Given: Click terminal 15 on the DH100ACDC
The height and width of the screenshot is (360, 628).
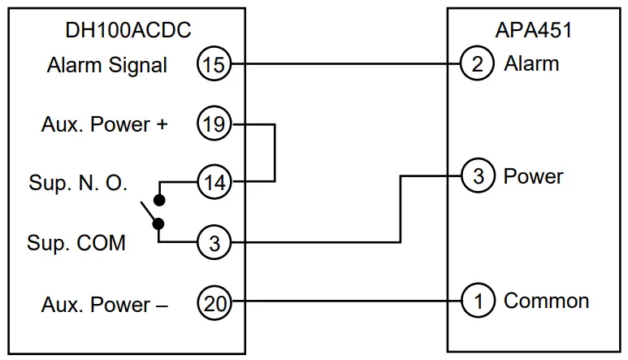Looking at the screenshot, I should coord(214,64).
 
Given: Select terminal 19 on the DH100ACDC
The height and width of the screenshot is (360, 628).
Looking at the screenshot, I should coord(214,124).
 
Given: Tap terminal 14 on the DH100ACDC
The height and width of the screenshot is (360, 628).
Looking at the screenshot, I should coord(214,181).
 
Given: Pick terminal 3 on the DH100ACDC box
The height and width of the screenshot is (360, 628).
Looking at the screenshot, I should coord(214,241).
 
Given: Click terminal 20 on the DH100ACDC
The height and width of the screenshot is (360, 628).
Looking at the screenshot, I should coord(214,305).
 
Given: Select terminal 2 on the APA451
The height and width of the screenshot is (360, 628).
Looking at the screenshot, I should coord(478,63).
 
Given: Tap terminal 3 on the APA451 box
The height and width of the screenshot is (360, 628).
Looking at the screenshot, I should coord(478,176).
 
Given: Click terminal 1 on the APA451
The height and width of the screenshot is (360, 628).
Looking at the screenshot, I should coord(478,301).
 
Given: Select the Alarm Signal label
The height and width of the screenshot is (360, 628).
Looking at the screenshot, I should coord(106,65).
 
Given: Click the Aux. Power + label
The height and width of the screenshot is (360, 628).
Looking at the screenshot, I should coord(106,125).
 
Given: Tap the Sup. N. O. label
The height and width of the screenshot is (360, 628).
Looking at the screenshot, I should coord(77,183).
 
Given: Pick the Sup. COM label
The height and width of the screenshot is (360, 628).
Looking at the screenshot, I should coord(76,242).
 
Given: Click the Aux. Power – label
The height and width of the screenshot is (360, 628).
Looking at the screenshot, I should coord(105,306).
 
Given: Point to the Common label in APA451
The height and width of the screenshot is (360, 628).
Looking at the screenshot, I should coord(546,301).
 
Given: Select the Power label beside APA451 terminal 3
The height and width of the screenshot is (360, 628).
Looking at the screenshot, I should coord(533,176).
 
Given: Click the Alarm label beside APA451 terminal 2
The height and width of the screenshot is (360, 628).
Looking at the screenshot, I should coord(531,63).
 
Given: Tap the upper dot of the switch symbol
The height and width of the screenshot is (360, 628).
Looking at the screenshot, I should coord(161,200).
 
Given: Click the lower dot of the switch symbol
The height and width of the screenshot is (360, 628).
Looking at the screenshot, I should coord(161,223).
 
